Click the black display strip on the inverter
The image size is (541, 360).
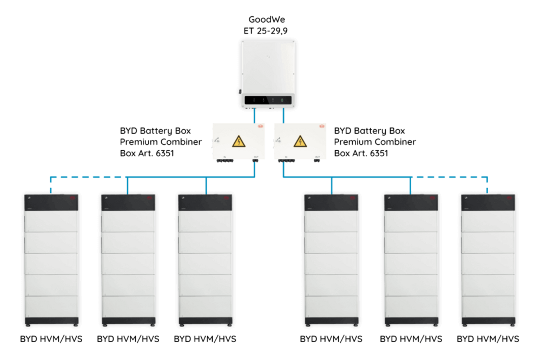coord(268,100)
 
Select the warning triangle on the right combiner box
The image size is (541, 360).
coord(299,142)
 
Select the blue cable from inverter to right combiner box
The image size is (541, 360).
coord(283,115)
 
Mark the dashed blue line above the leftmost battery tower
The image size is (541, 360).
coord(81,177)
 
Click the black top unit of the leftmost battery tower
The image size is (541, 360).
coord(51,202)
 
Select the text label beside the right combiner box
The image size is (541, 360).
coord(373,142)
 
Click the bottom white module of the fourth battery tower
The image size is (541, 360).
coord(331,306)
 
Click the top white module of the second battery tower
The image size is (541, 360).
coord(128,222)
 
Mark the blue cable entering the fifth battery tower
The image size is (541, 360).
coord(410,186)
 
